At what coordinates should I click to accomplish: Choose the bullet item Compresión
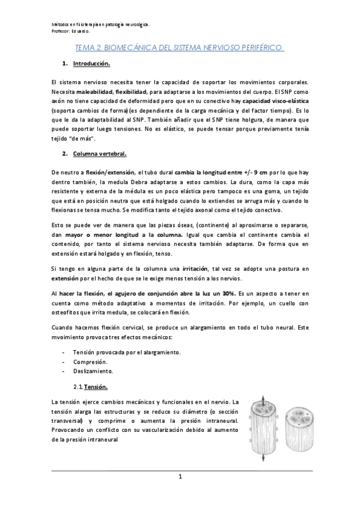coord(90,363)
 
